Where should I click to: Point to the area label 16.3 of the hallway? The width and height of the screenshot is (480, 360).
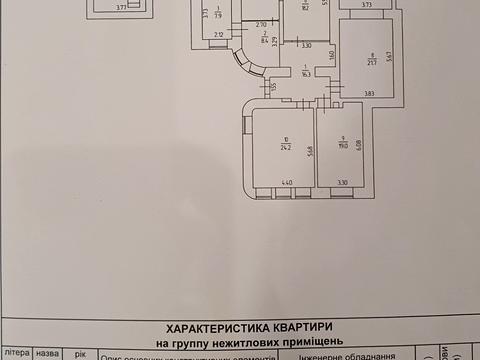tap(308, 72)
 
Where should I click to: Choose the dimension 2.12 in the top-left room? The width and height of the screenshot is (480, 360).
tap(218, 36)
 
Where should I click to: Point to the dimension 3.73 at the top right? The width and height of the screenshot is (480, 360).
tap(366, 5)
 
